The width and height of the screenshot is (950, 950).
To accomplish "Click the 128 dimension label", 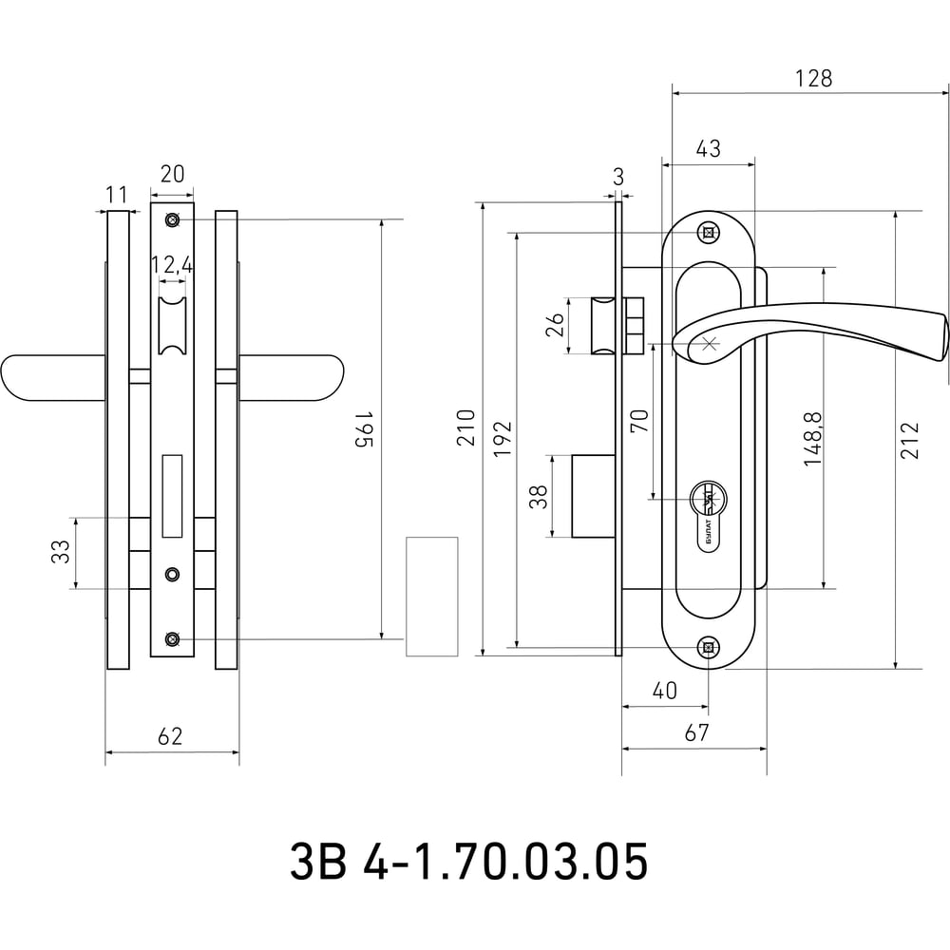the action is [814, 78].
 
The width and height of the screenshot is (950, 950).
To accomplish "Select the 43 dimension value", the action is [709, 148].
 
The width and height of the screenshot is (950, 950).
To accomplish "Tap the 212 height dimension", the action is [910, 441].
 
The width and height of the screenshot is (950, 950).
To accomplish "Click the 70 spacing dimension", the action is [639, 421].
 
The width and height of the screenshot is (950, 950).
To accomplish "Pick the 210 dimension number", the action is [466, 427].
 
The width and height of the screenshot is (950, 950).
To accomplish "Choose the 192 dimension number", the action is [503, 439].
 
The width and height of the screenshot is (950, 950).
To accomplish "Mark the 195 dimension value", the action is [363, 429].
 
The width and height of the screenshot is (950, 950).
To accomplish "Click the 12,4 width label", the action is [172, 265].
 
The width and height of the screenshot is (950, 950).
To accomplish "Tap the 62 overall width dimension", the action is [170, 736].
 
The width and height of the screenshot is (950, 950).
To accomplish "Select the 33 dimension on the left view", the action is [61, 551].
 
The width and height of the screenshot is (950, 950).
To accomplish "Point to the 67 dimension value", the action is [696, 732].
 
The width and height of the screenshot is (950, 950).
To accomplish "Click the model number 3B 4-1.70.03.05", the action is [468, 862].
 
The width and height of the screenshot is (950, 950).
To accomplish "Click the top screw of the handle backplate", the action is [708, 232].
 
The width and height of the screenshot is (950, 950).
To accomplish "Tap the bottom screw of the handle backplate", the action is [709, 648].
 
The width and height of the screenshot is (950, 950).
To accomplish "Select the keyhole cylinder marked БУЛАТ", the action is [709, 515].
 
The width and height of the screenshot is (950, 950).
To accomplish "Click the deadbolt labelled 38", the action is [594, 496].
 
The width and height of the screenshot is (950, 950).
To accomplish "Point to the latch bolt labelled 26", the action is [603, 325].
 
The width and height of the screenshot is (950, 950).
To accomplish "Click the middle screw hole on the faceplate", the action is [173, 574].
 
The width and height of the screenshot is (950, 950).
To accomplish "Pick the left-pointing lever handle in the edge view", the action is [53, 378].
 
